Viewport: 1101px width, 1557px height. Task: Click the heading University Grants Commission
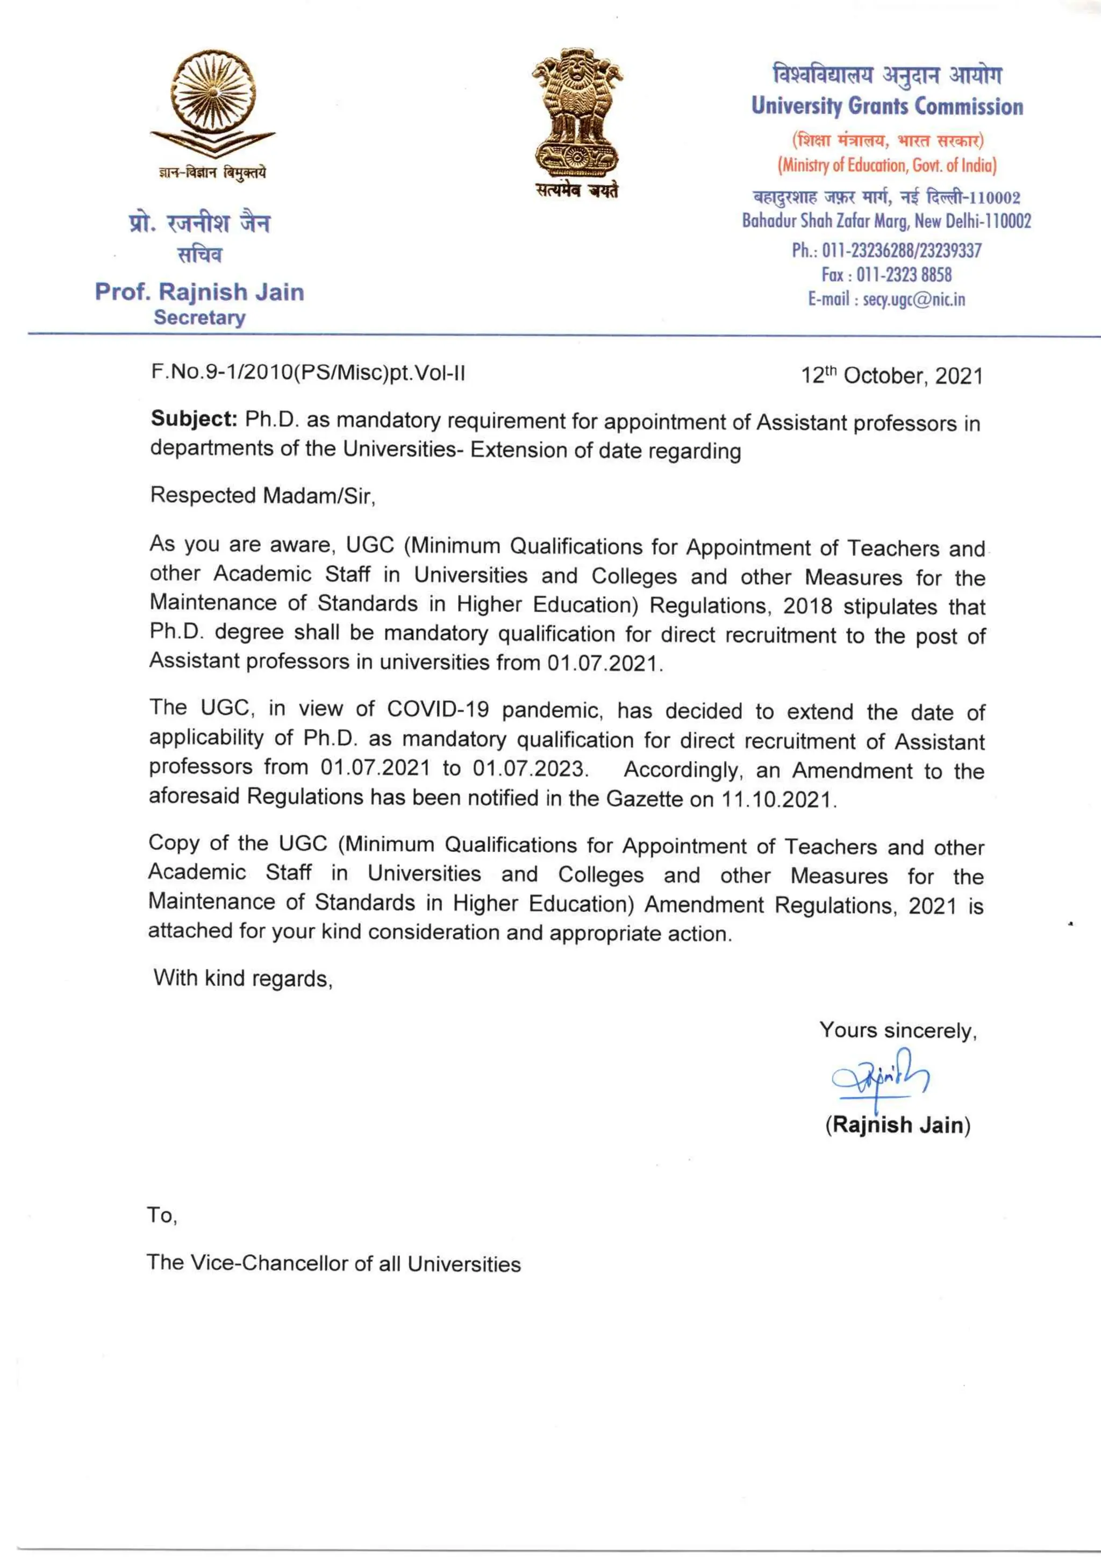[x=886, y=106]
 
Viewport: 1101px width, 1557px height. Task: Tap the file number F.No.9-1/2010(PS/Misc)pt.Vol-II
[x=308, y=373]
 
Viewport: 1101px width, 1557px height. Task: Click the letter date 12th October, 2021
[x=891, y=376]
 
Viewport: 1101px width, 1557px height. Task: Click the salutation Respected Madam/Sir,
[x=262, y=496]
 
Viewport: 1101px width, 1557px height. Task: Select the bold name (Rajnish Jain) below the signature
[x=898, y=1125]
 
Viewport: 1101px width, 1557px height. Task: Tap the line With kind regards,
[x=242, y=978]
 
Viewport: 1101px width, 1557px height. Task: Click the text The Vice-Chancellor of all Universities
[x=333, y=1263]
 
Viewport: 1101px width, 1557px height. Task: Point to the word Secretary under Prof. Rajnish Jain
[x=199, y=317]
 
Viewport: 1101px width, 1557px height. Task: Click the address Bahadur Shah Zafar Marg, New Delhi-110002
[x=886, y=221]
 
